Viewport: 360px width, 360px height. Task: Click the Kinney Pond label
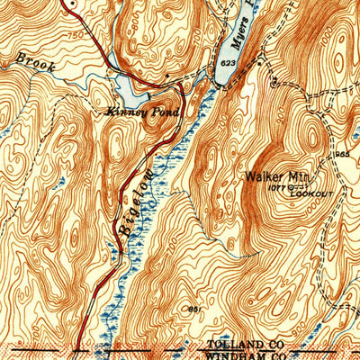(x=144, y=112)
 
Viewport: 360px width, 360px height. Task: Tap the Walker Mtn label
(x=275, y=177)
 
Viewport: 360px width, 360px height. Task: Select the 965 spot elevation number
(x=342, y=156)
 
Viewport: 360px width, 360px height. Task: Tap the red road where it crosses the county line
(x=77, y=348)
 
